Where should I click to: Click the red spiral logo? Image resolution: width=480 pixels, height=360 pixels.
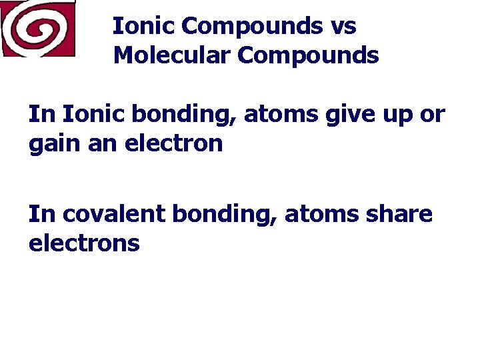[x=38, y=29]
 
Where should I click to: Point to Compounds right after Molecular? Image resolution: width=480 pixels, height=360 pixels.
[x=308, y=55]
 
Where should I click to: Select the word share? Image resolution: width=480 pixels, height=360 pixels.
[x=399, y=214]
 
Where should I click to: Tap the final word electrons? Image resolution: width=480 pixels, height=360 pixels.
[x=84, y=243]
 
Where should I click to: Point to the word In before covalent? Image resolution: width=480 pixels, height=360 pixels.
[x=42, y=214]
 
